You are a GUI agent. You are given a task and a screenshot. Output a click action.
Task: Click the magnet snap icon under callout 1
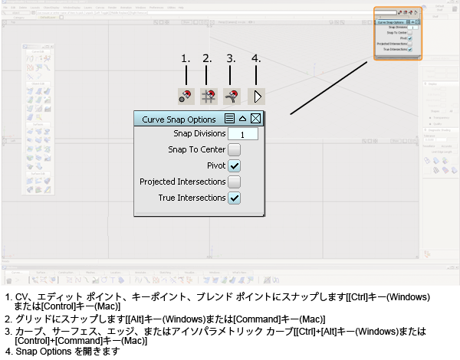[x=186, y=97]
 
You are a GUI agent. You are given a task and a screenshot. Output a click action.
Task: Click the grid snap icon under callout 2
[x=208, y=97]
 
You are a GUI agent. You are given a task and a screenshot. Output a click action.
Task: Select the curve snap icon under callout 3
[x=232, y=97]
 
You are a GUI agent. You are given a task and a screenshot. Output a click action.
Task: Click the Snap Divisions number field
[x=242, y=134]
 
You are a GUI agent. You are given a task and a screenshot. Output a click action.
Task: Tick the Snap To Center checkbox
[x=235, y=150]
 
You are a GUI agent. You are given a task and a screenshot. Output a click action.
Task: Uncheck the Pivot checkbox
[x=235, y=166]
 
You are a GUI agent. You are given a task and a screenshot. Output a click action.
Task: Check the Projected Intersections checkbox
[x=235, y=182]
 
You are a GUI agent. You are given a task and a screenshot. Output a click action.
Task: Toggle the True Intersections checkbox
[x=235, y=198]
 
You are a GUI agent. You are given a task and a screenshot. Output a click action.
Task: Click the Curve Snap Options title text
[x=179, y=119]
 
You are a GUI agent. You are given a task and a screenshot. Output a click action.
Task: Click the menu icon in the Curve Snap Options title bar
[x=229, y=119]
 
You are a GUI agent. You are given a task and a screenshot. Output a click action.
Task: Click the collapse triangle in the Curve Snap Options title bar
[x=242, y=119]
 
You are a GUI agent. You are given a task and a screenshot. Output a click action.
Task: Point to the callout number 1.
[x=185, y=58]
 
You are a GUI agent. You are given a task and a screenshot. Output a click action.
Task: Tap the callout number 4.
[x=256, y=58]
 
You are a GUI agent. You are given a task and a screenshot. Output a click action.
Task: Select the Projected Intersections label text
[x=182, y=182]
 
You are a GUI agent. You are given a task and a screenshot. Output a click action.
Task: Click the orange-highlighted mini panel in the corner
[x=397, y=34]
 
